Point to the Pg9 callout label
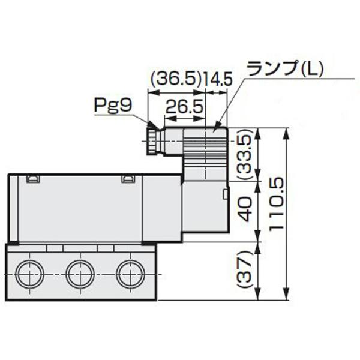pyautogui.click(x=112, y=106)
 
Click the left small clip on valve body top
pyautogui.click(x=33, y=178)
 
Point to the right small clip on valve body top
pyautogui.click(x=128, y=178)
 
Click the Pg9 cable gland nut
pyautogui.click(x=154, y=140)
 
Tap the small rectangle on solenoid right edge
pyautogui.click(x=226, y=194)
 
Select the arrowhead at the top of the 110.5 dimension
pyautogui.click(x=287, y=131)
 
